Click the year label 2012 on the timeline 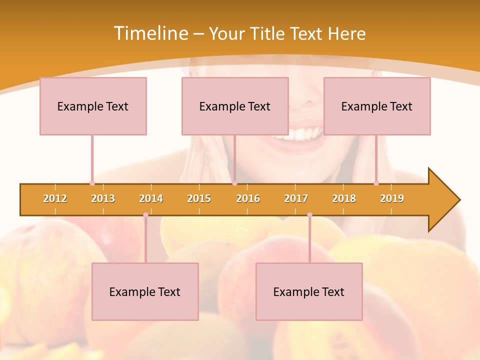55,198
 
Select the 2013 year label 103,198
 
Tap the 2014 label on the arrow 151,198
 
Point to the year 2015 199,198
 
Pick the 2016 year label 248,198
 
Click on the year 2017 296,198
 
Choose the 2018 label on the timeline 344,198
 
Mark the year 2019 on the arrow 392,198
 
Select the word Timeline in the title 150,33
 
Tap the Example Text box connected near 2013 93,106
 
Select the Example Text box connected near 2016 235,106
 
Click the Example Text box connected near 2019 377,106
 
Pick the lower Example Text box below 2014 145,291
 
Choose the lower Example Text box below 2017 309,291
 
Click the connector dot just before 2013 92,183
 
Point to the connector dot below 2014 145,214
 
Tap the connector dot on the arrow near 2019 376,183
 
